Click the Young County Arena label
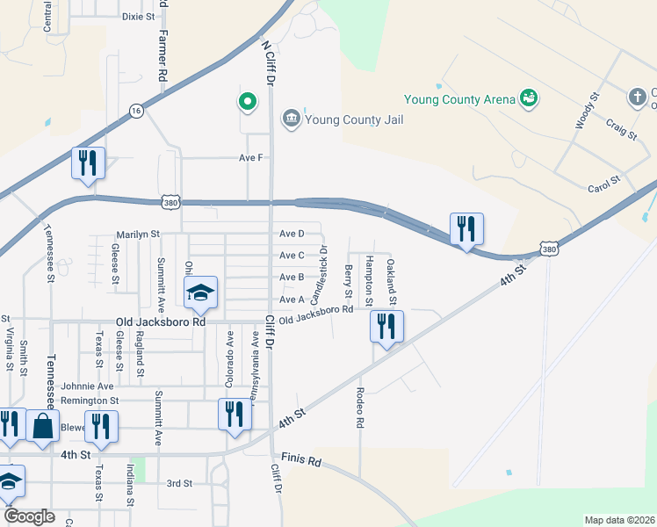click(x=459, y=99)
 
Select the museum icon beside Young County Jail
click(x=291, y=118)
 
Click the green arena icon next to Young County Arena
click(x=529, y=97)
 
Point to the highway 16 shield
click(x=135, y=110)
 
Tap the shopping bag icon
click(x=42, y=427)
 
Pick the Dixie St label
click(x=138, y=16)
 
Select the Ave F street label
click(x=251, y=158)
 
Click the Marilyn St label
click(x=138, y=235)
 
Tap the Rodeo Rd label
click(x=360, y=409)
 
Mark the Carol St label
click(x=603, y=183)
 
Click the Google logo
click(x=30, y=516)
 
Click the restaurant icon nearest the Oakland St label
click(x=386, y=326)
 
